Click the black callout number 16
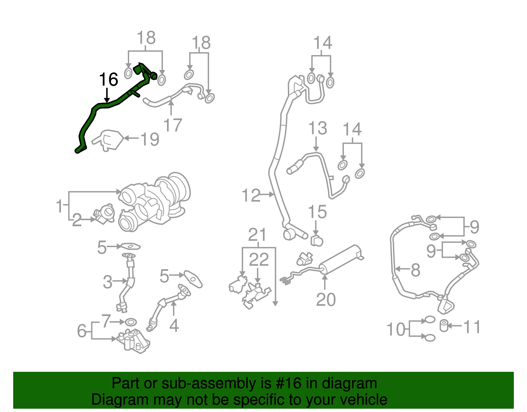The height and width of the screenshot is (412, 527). (108, 79)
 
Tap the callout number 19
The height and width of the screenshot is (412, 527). (150, 139)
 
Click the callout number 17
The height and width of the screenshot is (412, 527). (173, 125)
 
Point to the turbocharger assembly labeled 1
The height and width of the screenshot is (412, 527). (155, 201)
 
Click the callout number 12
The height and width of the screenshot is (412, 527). (251, 196)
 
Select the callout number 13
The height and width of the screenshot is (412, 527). (318, 128)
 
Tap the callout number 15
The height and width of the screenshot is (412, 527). (317, 212)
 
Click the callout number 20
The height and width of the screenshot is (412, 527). (326, 300)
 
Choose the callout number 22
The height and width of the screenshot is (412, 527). (259, 260)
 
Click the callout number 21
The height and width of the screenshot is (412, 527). (257, 235)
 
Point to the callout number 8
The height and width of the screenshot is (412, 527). (416, 270)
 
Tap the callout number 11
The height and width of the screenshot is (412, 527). (472, 327)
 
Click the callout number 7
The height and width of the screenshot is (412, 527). (106, 321)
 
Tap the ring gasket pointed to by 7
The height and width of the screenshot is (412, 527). (131, 322)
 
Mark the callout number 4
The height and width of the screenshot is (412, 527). (174, 326)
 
